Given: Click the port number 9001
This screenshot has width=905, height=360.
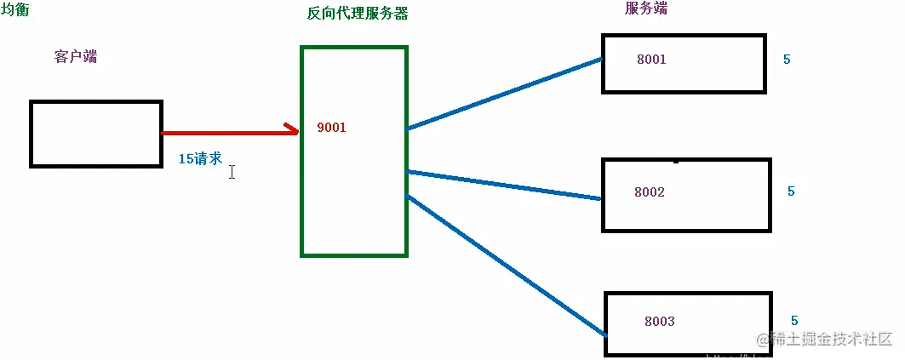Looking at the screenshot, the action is click(331, 128).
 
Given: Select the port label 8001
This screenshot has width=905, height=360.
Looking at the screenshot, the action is click(651, 60).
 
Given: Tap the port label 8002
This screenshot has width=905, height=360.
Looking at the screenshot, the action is click(650, 192).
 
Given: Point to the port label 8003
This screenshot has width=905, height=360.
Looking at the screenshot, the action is click(660, 321).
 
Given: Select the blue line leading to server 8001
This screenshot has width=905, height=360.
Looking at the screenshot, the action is click(504, 94).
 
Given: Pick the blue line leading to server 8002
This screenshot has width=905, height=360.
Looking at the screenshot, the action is click(504, 185).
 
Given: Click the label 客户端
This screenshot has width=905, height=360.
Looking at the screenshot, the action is click(75, 57).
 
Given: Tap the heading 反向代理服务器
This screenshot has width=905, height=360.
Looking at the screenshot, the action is click(358, 14).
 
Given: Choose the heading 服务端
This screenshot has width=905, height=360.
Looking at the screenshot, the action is click(646, 9).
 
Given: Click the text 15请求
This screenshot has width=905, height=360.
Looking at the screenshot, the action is click(200, 158).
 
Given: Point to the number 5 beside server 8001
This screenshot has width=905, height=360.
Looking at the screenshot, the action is click(787, 60).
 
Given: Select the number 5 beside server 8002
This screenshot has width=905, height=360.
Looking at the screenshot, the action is click(791, 191).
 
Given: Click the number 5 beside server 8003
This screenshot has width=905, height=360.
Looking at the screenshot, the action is click(794, 321).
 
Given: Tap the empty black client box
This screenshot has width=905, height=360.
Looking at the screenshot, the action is click(95, 133).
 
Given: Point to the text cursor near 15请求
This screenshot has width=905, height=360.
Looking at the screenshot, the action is click(232, 172).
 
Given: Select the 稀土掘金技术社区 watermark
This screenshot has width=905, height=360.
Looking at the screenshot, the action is click(822, 340).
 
